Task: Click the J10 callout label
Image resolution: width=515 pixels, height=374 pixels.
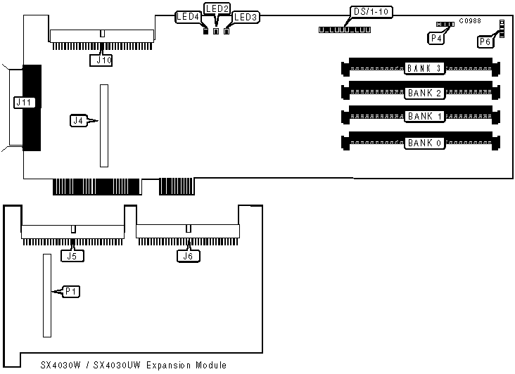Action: click(101, 60)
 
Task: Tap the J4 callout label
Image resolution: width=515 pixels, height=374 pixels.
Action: click(79, 121)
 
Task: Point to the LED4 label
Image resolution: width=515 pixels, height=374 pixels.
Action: click(188, 16)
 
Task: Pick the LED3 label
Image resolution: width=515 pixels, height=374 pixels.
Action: click(246, 16)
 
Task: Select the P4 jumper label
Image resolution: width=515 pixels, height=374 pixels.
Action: click(435, 38)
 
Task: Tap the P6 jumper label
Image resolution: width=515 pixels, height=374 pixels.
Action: click(485, 41)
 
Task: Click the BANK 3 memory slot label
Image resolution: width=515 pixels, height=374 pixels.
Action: click(424, 68)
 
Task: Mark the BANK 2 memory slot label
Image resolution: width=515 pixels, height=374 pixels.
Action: click(424, 92)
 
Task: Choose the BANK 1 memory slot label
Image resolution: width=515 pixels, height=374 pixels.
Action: click(424, 116)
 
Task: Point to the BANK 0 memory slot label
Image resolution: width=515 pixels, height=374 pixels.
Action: click(424, 143)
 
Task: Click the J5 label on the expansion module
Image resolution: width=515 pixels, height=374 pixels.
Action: click(72, 256)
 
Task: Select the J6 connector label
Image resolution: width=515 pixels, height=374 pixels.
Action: click(186, 256)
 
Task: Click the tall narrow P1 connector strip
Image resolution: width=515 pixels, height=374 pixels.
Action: click(47, 295)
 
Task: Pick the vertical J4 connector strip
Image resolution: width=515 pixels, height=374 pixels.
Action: click(104, 126)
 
